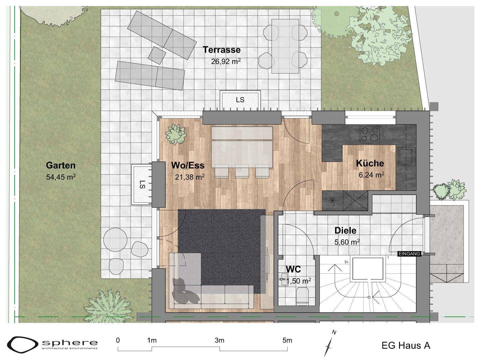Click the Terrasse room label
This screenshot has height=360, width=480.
pos(222,50)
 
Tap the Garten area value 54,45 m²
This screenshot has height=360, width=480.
pos(61,177)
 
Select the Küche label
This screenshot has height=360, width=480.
pos(370,163)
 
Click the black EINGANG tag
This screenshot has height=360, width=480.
pos(410,254)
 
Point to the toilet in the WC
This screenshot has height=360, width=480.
pos(302,296)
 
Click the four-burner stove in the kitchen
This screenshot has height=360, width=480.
pos(370,135)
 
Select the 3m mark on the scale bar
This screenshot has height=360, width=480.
pos(219,340)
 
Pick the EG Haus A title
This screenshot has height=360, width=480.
pos(406,346)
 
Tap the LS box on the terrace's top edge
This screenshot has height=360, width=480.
pos(240,100)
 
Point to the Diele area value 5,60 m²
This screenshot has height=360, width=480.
pos(347,242)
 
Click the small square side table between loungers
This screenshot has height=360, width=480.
pos(157,55)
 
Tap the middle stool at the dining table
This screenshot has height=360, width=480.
pos(242,171)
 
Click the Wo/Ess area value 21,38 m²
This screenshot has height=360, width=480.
pos(190,177)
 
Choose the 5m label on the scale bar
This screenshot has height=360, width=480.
pos(287,340)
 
